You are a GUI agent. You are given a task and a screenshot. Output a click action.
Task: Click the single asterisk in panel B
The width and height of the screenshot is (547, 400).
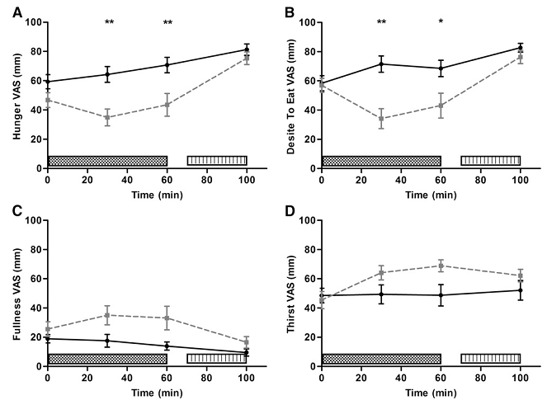441,22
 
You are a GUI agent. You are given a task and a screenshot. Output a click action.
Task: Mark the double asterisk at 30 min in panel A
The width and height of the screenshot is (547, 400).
109,22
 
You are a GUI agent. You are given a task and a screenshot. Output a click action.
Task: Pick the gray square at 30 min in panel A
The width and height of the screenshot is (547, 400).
107,117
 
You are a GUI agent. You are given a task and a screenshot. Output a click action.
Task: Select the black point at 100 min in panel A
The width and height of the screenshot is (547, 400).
247,49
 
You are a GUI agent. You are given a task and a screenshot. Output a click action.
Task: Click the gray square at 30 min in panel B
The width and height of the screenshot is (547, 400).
381,119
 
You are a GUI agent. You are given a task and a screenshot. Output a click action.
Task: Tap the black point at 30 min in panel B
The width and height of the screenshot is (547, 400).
381,64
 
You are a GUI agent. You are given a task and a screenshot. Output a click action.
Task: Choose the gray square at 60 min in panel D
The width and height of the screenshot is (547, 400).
441,266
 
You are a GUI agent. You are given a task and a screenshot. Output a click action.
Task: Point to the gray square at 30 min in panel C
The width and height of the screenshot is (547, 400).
107,315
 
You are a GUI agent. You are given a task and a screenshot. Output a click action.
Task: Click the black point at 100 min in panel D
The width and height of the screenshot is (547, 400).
521,290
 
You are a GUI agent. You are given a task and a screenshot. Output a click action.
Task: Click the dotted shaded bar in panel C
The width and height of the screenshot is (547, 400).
107,359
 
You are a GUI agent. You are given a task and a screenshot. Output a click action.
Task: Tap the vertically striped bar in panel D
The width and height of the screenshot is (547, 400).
490,359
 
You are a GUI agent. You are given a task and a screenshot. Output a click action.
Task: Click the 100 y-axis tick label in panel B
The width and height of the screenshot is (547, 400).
307,22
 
